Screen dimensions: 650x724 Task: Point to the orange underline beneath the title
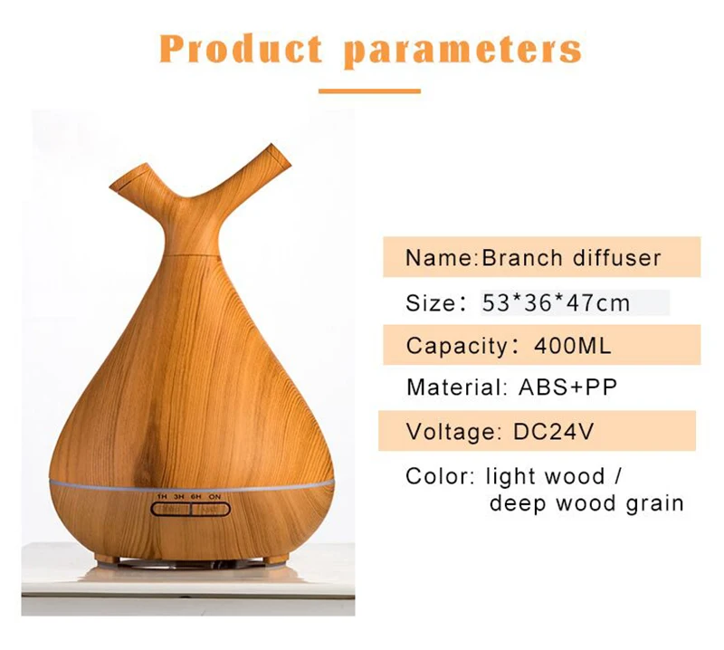[369, 91]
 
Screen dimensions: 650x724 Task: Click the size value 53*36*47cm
[555, 302]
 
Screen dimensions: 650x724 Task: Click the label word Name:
[441, 258]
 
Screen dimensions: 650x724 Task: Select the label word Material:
[455, 387]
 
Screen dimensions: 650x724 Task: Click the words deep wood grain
[586, 503]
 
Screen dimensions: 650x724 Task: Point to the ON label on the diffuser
[215, 498]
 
